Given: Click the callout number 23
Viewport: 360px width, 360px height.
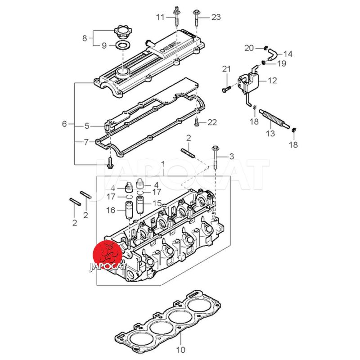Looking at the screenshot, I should (216, 18).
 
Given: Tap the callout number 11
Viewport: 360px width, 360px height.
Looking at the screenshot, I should (161, 18).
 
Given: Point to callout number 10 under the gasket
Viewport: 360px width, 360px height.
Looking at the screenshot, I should (180, 349).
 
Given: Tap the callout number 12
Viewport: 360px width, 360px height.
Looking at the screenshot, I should (272, 81).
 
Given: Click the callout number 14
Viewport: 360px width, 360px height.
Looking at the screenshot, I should (288, 54).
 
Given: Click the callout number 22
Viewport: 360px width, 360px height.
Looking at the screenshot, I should (212, 122).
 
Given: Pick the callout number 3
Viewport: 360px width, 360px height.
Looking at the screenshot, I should (232, 157).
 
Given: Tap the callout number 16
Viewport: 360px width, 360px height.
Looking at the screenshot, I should (110, 210).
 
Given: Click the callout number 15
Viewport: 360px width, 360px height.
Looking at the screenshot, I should (157, 203).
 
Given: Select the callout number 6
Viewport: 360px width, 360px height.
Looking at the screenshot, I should (64, 123).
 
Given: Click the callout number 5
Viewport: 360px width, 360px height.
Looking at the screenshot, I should (88, 126).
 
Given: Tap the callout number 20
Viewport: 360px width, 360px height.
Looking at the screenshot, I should (249, 48).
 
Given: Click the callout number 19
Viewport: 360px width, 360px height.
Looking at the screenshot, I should (282, 63).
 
